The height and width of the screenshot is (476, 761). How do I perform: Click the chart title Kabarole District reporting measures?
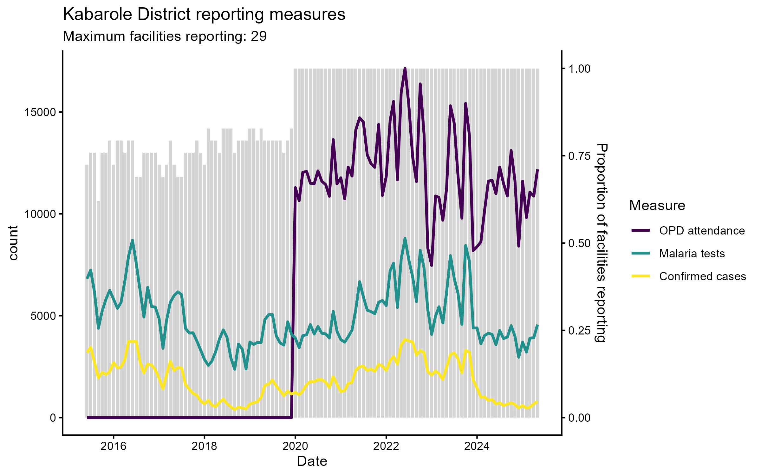(x=204, y=15)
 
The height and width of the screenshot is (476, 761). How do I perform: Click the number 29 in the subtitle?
(x=258, y=36)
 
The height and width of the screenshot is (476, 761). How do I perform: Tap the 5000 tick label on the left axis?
(x=43, y=316)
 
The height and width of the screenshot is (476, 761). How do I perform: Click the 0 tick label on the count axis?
(x=53, y=418)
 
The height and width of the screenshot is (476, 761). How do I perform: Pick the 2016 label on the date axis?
(x=113, y=446)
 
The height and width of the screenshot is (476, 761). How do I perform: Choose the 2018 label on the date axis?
(x=204, y=446)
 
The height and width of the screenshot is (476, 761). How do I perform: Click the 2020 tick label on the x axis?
(x=295, y=446)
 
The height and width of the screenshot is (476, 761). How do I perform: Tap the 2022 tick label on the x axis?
(x=386, y=446)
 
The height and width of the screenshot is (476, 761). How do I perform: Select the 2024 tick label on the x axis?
(x=477, y=446)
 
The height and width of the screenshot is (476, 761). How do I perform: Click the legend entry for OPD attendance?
(x=702, y=231)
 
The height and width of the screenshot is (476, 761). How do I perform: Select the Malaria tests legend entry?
(x=692, y=254)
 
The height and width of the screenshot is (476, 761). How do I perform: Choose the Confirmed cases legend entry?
(x=702, y=276)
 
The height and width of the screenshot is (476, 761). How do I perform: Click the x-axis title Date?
(x=312, y=461)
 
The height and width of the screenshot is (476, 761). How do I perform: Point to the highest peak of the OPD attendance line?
(x=405, y=69)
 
